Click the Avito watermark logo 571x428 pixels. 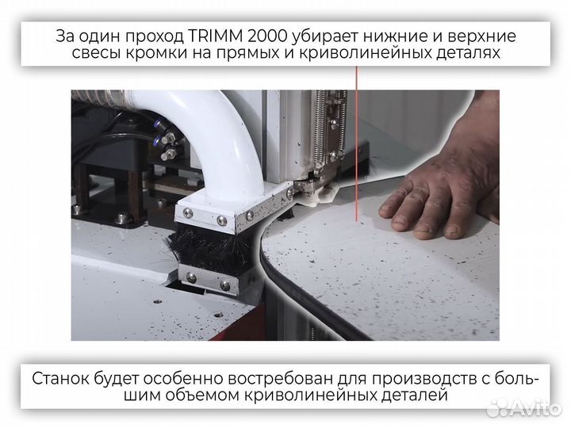click(x=523, y=407)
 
